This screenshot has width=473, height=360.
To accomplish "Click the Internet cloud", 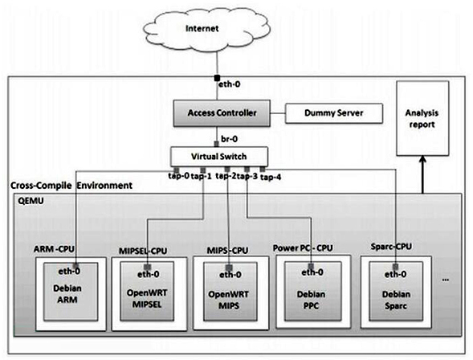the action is tap(206, 29).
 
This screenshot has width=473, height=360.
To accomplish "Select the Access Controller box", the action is tap(222, 112).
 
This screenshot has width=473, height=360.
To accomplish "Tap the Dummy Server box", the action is tap(334, 113).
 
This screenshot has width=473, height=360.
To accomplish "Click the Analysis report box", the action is tap(422, 118).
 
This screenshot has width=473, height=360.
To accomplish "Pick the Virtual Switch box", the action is tap(219, 157).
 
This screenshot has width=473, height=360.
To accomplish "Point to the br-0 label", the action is tap(229, 139).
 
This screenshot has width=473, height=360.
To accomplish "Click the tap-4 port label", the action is tap(271, 177).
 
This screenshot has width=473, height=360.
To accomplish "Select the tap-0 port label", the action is tap(179, 176).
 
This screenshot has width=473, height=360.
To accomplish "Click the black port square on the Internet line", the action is tap(217, 78).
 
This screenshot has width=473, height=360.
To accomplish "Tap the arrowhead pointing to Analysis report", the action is tap(422, 159).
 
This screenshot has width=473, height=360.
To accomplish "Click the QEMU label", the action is tap(31, 201).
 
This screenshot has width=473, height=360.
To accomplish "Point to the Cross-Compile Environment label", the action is tap(71, 186).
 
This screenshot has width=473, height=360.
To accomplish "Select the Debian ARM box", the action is tap(71, 292).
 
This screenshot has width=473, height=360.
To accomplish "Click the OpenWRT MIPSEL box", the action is tap(147, 291).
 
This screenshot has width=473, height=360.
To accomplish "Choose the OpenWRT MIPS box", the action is tap(230, 292).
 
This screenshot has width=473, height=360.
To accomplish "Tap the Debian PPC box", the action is tap(313, 291).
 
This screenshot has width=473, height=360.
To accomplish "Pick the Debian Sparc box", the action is tap(396, 291).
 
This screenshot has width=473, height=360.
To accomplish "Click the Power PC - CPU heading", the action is tap(303, 248).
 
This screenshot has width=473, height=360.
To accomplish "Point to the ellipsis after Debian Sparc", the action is tap(445, 280).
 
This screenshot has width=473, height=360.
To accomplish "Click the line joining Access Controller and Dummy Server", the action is tap(278, 113).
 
